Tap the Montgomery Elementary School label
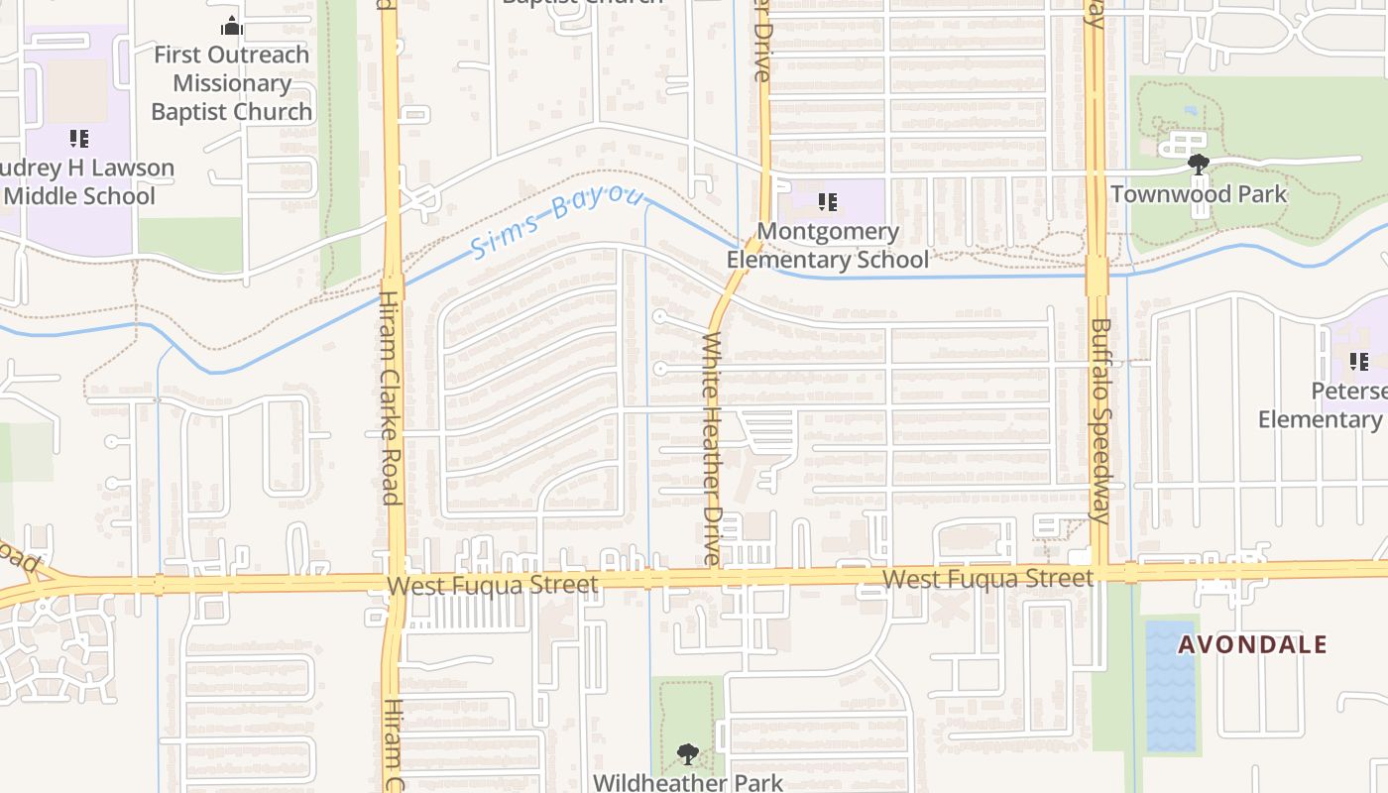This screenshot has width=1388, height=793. pyautogui.click(x=828, y=246)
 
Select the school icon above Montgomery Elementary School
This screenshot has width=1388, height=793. pyautogui.click(x=828, y=203)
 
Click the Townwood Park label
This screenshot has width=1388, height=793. pyautogui.click(x=1199, y=193)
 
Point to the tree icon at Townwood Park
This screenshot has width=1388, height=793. pyautogui.click(x=1199, y=164)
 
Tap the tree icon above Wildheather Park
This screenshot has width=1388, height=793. pyautogui.click(x=687, y=755)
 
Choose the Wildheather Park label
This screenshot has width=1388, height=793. pyautogui.click(x=687, y=782)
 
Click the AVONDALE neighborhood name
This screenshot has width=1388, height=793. pyautogui.click(x=1252, y=645)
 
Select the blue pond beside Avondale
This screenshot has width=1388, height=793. pyautogui.click(x=1170, y=684)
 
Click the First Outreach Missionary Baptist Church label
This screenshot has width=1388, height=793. pyautogui.click(x=232, y=83)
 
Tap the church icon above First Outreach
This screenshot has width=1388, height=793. pyautogui.click(x=232, y=26)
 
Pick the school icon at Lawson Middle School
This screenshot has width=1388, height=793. pyautogui.click(x=79, y=139)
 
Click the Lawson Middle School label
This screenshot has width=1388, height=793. pyautogui.click(x=84, y=182)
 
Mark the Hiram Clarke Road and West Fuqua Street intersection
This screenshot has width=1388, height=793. pyautogui.click(x=394, y=584)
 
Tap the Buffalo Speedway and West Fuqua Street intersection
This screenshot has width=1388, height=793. pyautogui.click(x=1099, y=573)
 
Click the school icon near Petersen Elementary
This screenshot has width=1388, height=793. pyautogui.click(x=1359, y=362)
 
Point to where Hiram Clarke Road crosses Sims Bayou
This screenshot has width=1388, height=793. pyautogui.click(x=392, y=287)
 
